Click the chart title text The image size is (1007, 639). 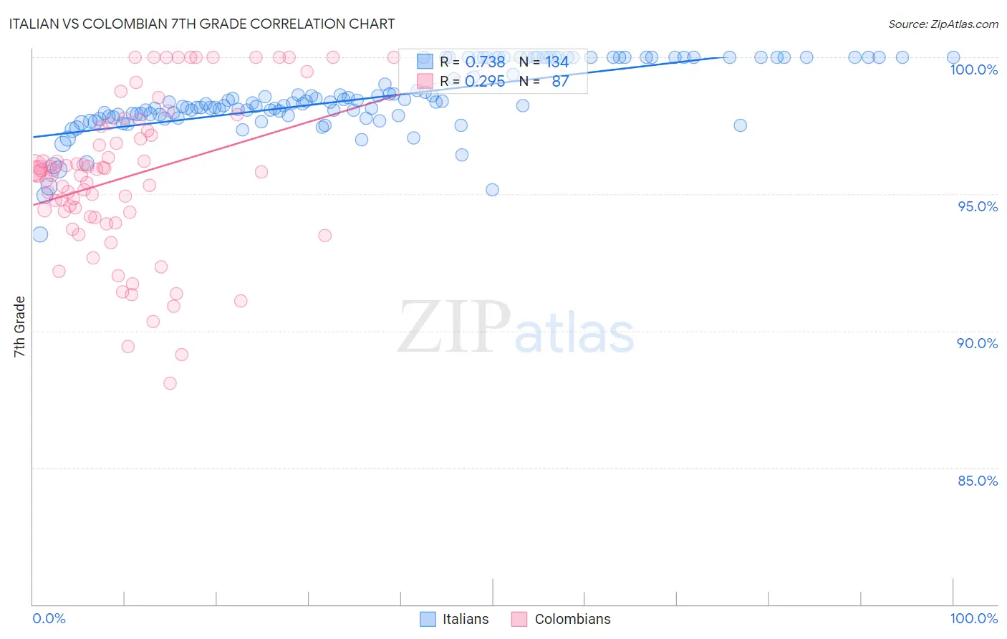coord(201,24)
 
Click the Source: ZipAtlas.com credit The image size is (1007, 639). coord(943,24)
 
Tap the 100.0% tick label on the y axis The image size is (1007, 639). coord(973,69)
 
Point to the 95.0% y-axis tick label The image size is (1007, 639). coord(978,206)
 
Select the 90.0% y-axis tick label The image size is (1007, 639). coord(978,343)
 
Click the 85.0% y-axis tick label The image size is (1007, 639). coord(978,481)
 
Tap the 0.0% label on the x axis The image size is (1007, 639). coord(49,618)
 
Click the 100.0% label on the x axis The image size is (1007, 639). coord(973,618)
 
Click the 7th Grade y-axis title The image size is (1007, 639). coord(19,327)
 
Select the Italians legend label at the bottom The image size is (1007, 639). coord(466,619)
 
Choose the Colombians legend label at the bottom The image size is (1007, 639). coord(572,619)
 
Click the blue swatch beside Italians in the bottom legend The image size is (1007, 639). coord(428,619)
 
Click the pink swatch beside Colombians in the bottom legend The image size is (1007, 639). coord(519,619)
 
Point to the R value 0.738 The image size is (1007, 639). coord(485,62)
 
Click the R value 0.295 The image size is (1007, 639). coord(485,82)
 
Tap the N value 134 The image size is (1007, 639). coord(557,62)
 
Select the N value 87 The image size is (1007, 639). coord(560,82)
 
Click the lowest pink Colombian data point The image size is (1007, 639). coord(170,383)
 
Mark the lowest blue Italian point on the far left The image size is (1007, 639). coord(40,234)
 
